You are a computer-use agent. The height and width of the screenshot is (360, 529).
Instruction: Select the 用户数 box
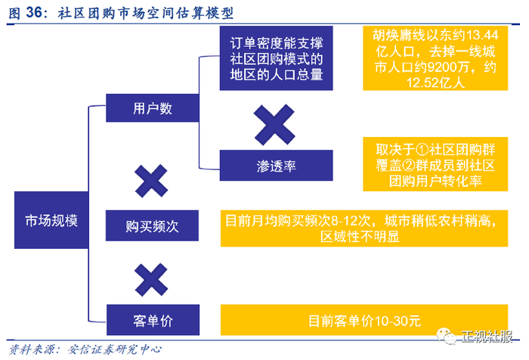coord(153,108)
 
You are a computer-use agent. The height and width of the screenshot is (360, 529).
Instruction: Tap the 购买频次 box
coord(153,225)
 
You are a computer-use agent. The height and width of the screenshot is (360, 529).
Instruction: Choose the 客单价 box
coord(153,320)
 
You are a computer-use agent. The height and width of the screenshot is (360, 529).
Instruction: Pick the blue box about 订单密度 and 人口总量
coord(277,57)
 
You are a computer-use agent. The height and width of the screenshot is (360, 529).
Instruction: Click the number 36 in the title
coord(34,13)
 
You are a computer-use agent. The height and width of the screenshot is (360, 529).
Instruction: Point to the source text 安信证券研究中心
coord(115,349)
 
